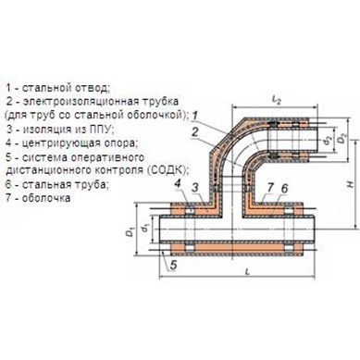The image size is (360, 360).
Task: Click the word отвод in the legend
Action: coord(91,88)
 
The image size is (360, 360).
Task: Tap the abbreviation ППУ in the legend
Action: coord(98,129)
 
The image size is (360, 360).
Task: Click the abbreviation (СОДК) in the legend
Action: coord(168,170)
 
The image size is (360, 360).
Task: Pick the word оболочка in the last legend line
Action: coord(46,198)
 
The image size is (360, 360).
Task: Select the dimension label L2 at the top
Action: coord(276,100)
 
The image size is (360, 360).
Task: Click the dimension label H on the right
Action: coord(350,185)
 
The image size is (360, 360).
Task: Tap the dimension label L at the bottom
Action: coord(247,272)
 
